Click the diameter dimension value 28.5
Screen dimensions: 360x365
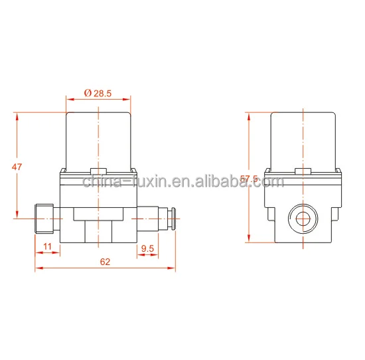click(x=103, y=94)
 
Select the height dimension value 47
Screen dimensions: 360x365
click(x=17, y=167)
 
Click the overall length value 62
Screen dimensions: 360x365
click(x=105, y=262)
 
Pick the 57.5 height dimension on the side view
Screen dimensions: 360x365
click(x=249, y=179)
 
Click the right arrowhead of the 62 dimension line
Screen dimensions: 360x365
click(x=173, y=269)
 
